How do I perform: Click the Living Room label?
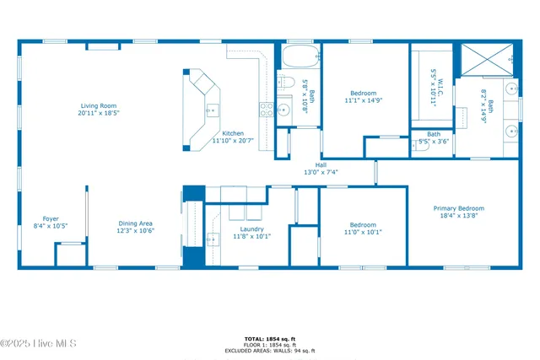99,105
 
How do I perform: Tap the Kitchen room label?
233,133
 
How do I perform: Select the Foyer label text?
50,218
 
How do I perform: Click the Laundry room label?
251,229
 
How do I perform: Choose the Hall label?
321,164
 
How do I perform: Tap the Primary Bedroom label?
459,208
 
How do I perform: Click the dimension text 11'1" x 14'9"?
363,100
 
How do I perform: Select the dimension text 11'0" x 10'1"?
363,232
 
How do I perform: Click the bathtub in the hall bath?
299,58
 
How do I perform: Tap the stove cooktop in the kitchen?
266,109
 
